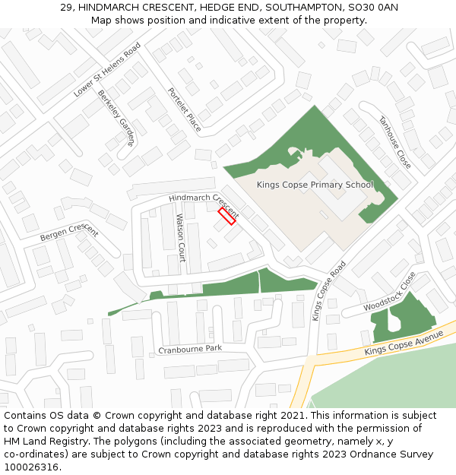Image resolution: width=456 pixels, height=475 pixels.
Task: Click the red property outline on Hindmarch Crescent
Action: [226, 216]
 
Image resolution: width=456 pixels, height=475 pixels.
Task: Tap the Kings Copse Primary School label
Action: [315, 185]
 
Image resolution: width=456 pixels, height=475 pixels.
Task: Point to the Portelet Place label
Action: [185, 109]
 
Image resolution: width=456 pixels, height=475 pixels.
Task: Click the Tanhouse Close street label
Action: [394, 142]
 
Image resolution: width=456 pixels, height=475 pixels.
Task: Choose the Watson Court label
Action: [181, 237]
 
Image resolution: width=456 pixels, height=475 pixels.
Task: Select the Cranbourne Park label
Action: [190, 349]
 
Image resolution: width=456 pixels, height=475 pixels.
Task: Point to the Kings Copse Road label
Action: [328, 290]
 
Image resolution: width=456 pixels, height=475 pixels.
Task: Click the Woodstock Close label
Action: [390, 293]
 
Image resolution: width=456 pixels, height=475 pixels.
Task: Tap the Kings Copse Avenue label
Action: [403, 343]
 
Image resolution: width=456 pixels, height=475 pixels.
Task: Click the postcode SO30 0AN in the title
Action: [372, 8]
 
